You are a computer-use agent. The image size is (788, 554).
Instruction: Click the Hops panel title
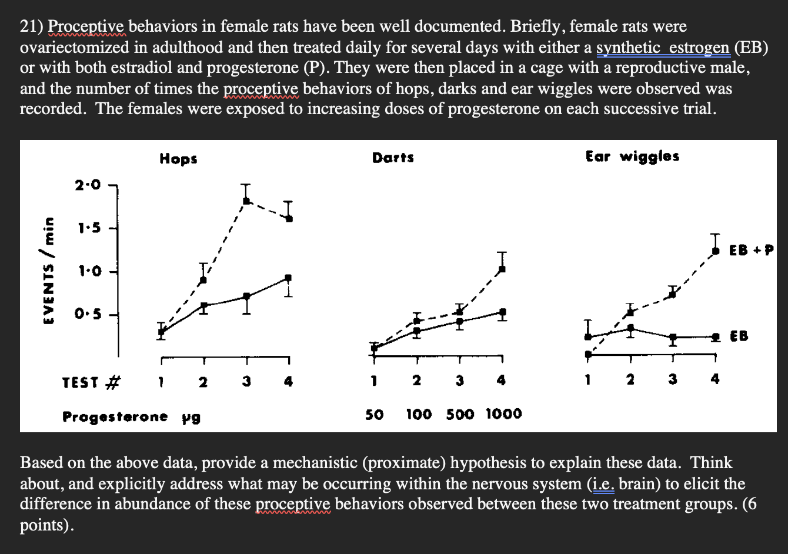(178, 158)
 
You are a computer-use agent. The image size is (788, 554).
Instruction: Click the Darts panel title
(393, 158)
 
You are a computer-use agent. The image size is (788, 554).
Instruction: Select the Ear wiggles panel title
(632, 156)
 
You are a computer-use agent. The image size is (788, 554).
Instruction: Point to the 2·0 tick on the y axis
(88, 185)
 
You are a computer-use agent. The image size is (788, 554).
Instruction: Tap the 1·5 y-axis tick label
(88, 228)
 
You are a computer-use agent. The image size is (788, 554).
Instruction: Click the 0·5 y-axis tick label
(88, 315)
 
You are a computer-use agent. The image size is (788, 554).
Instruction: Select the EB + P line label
(750, 250)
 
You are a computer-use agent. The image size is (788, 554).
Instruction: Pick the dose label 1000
(504, 414)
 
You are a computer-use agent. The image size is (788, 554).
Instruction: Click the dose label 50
(374, 414)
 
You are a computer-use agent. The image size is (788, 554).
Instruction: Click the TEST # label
(91, 383)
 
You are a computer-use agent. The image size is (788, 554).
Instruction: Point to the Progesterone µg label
(132, 417)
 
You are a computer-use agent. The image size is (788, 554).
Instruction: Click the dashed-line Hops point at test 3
(246, 201)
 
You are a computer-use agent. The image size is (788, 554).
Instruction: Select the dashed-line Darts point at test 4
(502, 269)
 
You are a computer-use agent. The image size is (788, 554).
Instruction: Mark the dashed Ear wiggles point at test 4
(715, 251)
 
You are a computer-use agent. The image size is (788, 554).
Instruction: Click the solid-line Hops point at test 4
(288, 278)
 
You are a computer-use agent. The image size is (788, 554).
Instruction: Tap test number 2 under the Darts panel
(416, 381)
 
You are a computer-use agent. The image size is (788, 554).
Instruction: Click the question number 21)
(32, 26)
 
